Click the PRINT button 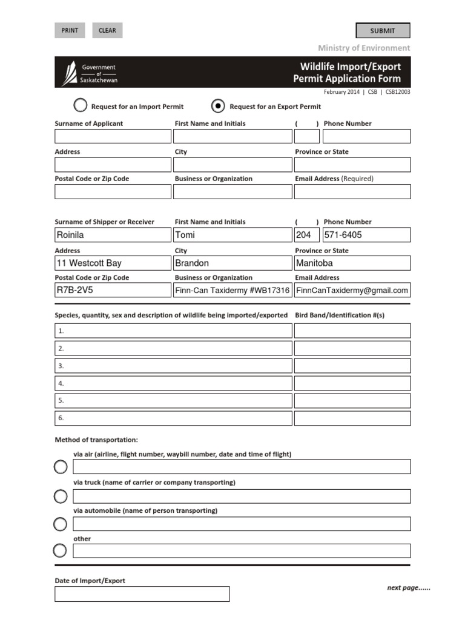tap(70, 30)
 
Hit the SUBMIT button tap(382, 30)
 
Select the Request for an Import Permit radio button tap(81, 106)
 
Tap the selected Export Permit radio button tap(218, 106)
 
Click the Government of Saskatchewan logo tap(91, 73)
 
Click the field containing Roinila tap(113, 235)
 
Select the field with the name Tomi tap(232, 235)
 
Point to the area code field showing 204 tap(306, 235)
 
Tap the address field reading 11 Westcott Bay tap(113, 263)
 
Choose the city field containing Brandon tap(232, 263)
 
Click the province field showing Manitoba tap(352, 263)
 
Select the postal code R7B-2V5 tap(113, 290)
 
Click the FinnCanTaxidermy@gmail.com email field tap(352, 290)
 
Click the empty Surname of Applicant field tap(113, 136)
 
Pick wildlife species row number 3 tap(173, 366)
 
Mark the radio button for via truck tap(61, 496)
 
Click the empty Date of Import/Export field tap(142, 594)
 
